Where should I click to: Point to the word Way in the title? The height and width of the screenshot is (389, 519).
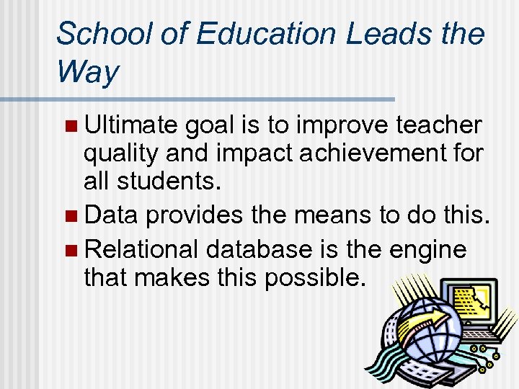tap(87, 73)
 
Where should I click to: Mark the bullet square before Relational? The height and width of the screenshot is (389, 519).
tap(69, 251)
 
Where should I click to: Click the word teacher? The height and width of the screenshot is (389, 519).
tap(439, 125)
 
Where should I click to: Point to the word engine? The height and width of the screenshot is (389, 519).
tap(428, 251)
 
